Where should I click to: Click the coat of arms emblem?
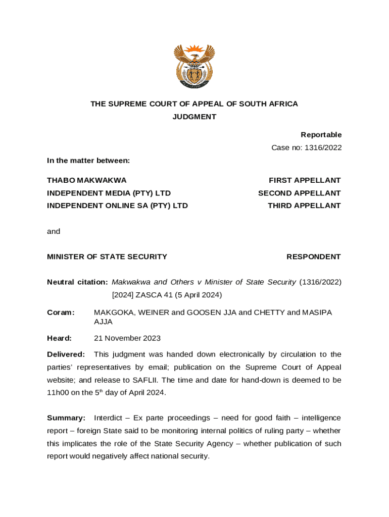[194, 66]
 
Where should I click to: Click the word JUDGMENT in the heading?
[194, 117]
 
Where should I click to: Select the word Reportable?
[321, 135]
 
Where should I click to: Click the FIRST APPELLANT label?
[305, 180]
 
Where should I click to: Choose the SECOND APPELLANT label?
[299, 193]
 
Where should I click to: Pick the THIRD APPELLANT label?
[304, 205]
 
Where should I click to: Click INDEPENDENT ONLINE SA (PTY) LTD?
[117, 205]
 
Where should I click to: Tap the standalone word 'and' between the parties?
[54, 231]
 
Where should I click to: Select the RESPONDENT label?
[313, 256]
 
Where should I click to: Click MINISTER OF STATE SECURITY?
[107, 256]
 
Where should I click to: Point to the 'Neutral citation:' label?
[77, 282]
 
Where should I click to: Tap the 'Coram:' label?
[61, 313]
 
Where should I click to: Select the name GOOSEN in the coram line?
[203, 313]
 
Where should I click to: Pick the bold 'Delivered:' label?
[66, 354]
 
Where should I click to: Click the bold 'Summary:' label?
[66, 418]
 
